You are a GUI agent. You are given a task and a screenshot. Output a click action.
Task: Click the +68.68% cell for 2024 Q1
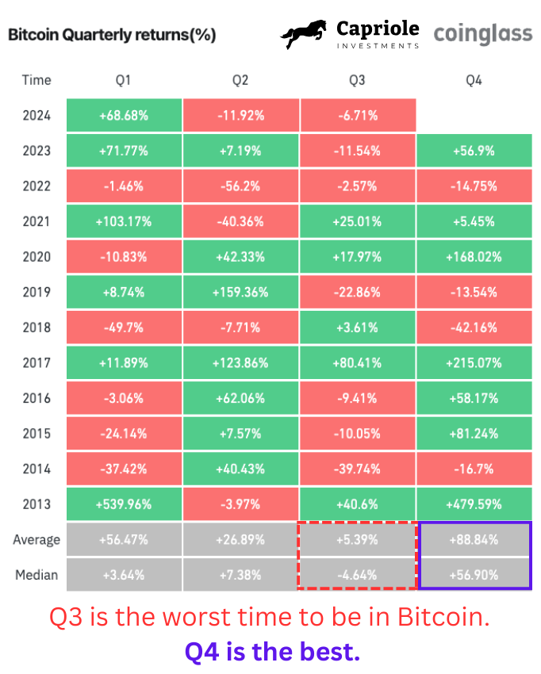click(124, 115)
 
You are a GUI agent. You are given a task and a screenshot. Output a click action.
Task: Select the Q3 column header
click(357, 79)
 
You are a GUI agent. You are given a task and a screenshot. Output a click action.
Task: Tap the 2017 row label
click(36, 362)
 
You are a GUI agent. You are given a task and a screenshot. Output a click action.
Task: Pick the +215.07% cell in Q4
click(474, 362)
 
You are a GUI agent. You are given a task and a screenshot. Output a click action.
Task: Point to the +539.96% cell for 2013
click(124, 504)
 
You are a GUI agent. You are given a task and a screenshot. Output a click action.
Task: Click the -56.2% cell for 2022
click(240, 186)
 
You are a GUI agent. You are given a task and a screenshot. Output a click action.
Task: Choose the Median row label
click(36, 575)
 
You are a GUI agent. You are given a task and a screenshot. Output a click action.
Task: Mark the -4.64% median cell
click(357, 575)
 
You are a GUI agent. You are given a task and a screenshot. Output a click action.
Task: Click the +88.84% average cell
click(474, 540)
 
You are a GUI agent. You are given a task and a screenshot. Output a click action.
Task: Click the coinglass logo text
click(482, 34)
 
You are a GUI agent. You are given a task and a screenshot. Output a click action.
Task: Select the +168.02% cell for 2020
click(474, 256)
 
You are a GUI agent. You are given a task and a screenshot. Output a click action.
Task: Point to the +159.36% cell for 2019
click(240, 292)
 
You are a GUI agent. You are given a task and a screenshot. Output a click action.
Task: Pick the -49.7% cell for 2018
click(124, 327)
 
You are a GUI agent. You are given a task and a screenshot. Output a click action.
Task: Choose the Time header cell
click(36, 79)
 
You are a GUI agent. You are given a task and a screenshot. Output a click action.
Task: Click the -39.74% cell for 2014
click(357, 468)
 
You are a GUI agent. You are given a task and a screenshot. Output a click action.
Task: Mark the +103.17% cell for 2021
click(124, 221)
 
